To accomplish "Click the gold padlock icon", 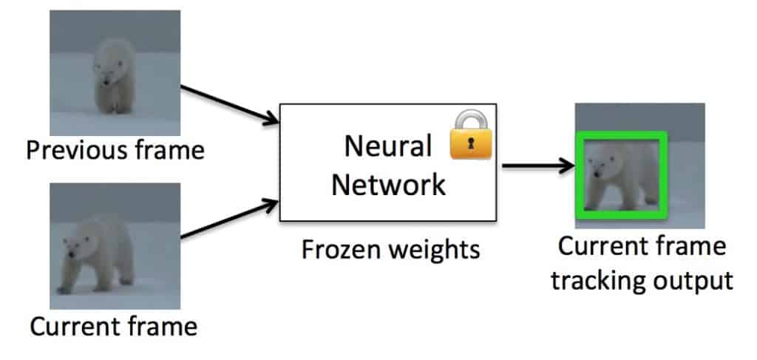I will pos(471,136).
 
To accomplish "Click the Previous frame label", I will pos(115,151).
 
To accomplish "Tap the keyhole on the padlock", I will pos(471,146).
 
